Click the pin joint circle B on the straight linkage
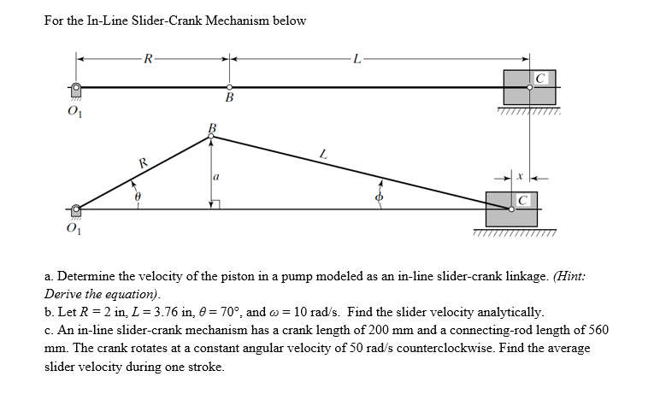click(229, 87)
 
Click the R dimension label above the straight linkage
click(150, 59)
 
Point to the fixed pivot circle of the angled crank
click(77, 209)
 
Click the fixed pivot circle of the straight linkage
click(77, 87)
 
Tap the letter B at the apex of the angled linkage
click(212, 128)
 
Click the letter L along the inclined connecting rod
click(321, 154)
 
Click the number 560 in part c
click(598, 330)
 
